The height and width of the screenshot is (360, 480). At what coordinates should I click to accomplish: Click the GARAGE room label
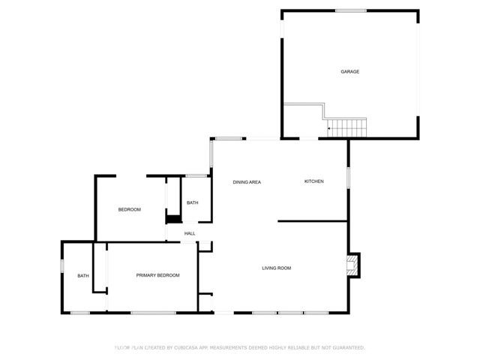pos(350,72)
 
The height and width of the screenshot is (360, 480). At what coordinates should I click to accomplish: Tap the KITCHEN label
pos(313,181)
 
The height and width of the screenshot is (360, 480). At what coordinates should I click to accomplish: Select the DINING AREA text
pos(247,182)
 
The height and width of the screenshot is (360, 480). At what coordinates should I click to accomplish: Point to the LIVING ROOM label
pos(276,268)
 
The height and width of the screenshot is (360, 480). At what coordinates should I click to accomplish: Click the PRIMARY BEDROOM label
pos(157,275)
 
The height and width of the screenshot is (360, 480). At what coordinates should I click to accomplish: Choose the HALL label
pos(190,233)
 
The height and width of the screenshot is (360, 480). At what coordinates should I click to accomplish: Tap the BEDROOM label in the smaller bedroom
pos(130,209)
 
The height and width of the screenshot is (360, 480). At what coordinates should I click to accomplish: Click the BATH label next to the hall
pos(193,202)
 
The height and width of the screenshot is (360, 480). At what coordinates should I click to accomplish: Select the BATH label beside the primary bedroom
pos(83,275)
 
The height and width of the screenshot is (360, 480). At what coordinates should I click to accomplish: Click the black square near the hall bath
pos(173,219)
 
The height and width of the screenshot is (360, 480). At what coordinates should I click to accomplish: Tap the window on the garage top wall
pos(350,10)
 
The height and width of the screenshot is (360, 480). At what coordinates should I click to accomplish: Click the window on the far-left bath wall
pos(61,265)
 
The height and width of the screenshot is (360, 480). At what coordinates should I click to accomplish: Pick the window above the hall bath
pos(196,176)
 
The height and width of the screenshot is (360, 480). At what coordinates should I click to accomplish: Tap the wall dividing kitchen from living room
pos(313,220)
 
